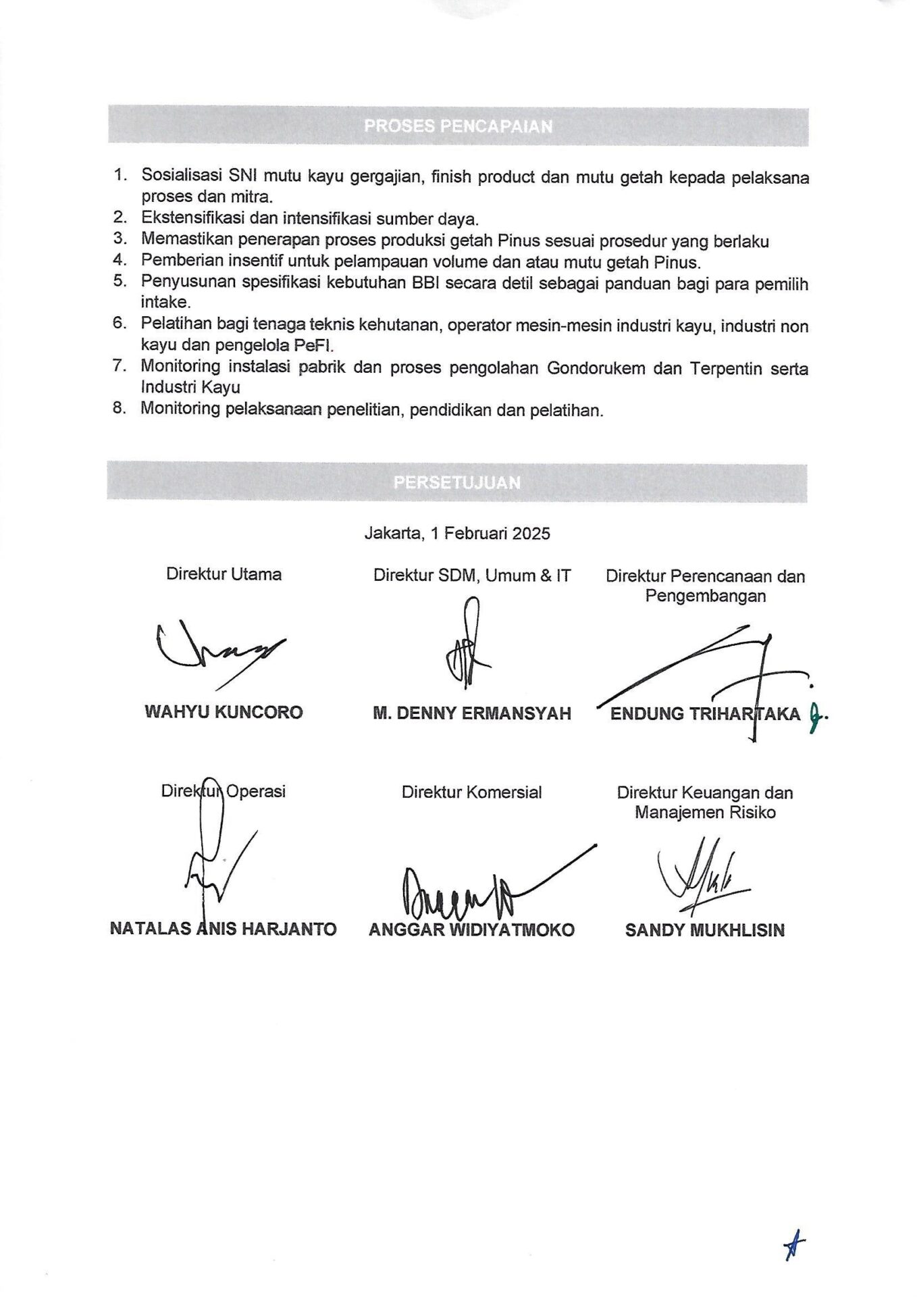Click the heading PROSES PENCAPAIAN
458,126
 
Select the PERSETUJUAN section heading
457,482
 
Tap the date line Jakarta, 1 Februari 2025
457,534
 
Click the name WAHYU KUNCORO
224,712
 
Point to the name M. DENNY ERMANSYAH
471,713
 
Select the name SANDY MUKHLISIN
704,930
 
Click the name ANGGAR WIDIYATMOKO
471,930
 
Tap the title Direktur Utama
224,574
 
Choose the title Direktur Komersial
471,792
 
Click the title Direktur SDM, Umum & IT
471,576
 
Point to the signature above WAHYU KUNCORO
216,652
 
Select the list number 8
120,409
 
